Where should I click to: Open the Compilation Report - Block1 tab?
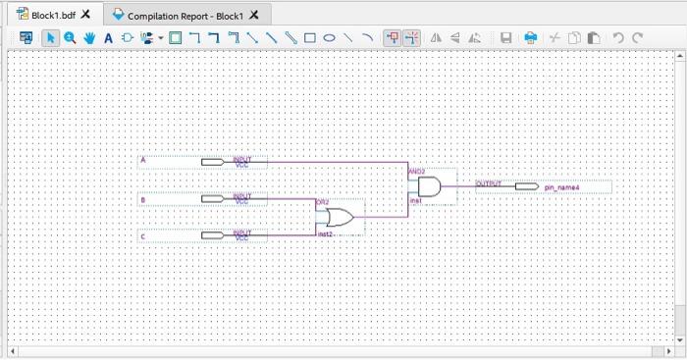(x=182, y=15)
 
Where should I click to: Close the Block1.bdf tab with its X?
(x=86, y=15)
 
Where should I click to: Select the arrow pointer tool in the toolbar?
(x=51, y=38)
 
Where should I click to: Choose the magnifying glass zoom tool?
(x=70, y=38)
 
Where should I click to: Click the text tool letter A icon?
(x=108, y=38)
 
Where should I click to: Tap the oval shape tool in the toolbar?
(x=330, y=38)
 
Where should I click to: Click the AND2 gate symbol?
(x=429, y=185)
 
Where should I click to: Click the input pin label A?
(x=143, y=160)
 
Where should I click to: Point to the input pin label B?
(x=143, y=199)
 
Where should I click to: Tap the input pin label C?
(x=143, y=236)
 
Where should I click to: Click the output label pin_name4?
(x=562, y=186)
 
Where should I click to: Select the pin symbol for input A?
(x=212, y=162)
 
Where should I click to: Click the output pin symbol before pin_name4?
(x=526, y=186)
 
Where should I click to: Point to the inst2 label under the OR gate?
(x=324, y=234)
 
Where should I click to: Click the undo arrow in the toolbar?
(x=618, y=38)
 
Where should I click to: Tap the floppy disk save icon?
(x=506, y=38)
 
